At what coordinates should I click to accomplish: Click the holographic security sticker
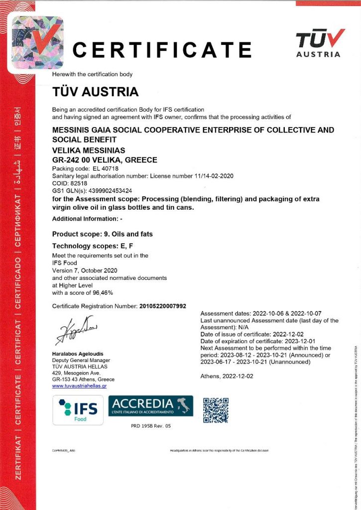[x=37, y=42]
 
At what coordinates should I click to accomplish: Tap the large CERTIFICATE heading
[x=162, y=50]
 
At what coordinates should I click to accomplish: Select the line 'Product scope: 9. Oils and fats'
[x=102, y=234]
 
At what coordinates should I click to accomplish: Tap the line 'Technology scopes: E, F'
[x=93, y=246]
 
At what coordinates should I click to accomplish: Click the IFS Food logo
[x=78, y=410]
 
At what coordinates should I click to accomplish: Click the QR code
[x=216, y=410]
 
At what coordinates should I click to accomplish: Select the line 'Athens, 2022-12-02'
[x=227, y=376]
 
